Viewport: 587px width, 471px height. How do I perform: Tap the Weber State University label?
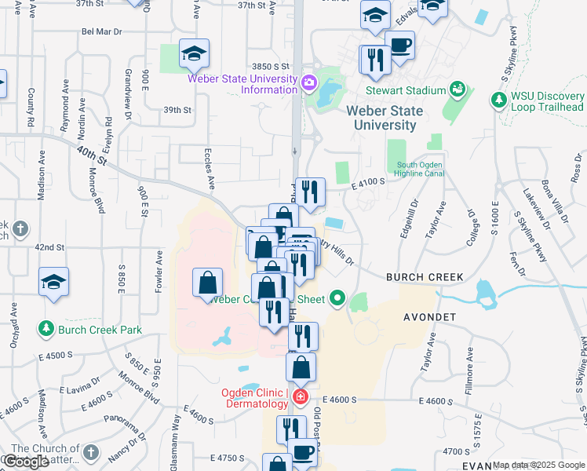(x=385, y=118)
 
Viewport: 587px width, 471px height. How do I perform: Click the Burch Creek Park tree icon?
(x=46, y=330)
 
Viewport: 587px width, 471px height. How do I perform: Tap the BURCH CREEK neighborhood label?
(x=425, y=277)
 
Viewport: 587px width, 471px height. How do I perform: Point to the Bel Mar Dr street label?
(x=102, y=31)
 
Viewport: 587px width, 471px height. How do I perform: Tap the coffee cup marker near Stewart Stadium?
(x=399, y=46)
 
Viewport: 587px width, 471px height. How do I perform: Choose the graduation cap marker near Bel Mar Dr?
(x=194, y=53)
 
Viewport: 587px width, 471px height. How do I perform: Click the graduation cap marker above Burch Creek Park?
(x=53, y=282)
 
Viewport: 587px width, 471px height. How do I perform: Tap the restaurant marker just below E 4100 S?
(x=310, y=192)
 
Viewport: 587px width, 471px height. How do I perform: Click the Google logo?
(x=26, y=462)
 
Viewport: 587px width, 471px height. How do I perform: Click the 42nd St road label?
(x=49, y=246)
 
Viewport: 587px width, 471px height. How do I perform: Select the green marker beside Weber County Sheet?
(x=337, y=298)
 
